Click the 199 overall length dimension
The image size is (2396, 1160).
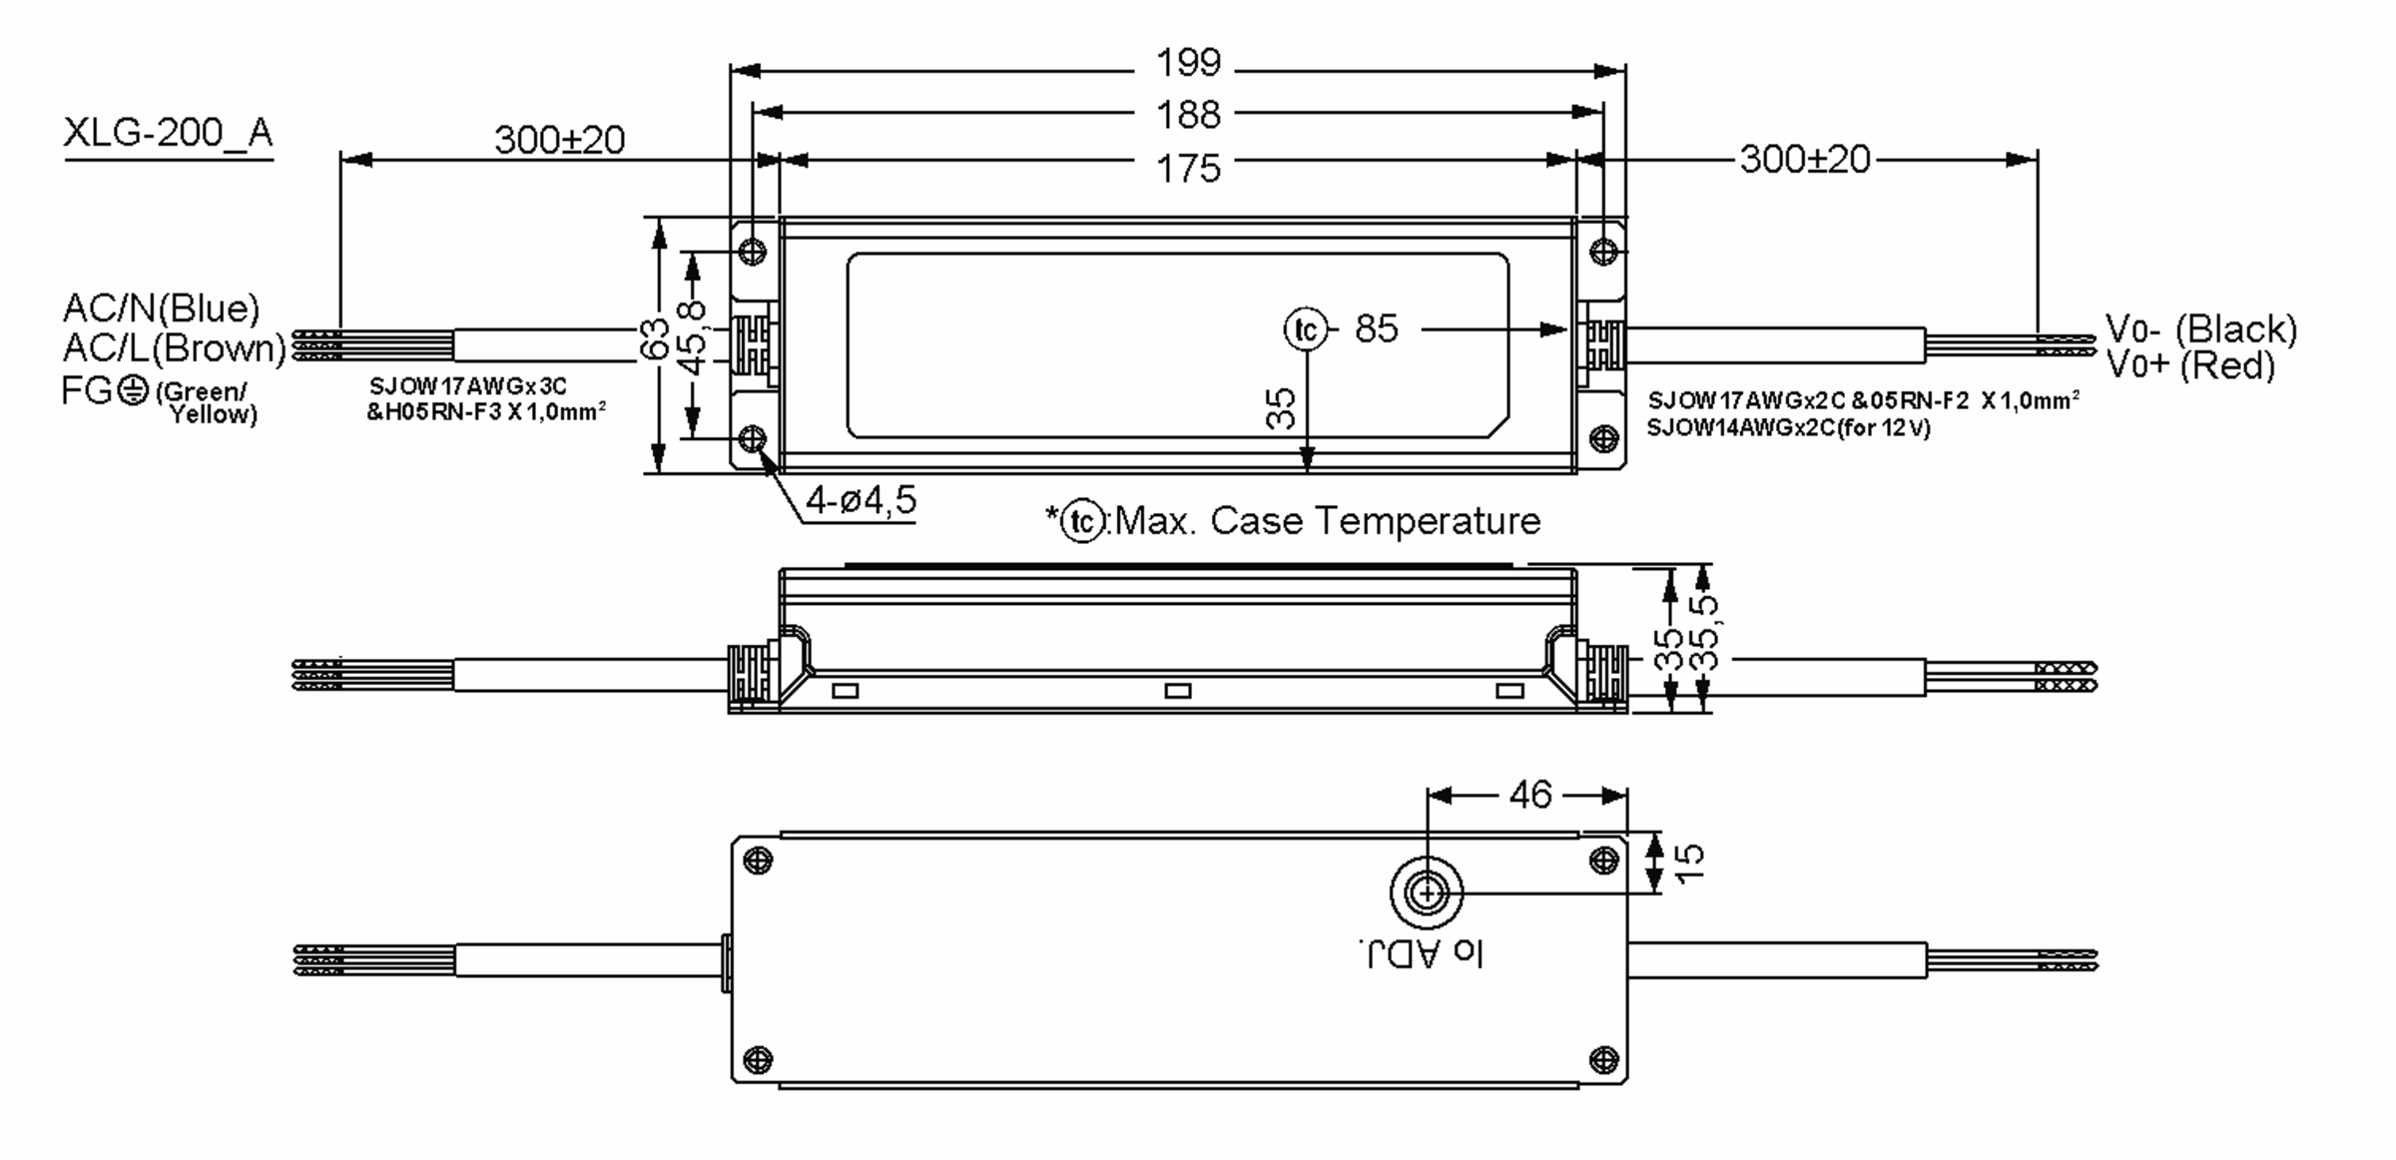coord(1188,63)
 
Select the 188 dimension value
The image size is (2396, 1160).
coord(1188,115)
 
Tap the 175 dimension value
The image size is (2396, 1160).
coord(1188,168)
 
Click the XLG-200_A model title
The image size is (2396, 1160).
coord(168,133)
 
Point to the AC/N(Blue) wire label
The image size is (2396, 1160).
coord(161,307)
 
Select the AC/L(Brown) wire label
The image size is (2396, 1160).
coord(174,347)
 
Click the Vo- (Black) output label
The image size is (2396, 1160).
coord(2200,328)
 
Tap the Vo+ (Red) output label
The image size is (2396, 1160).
coord(2190,365)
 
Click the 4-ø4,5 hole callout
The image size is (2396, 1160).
coord(861,500)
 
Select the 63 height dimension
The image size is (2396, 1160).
coord(654,339)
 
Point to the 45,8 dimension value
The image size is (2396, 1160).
coord(692,339)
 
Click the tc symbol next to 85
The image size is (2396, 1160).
coord(1306,329)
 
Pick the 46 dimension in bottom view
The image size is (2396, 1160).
coord(1529,795)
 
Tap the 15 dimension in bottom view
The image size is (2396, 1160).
coord(1689,863)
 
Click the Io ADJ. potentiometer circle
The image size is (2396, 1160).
coord(1427,892)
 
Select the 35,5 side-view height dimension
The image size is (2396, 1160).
coord(1707,633)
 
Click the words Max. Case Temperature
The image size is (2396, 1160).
coord(1328,521)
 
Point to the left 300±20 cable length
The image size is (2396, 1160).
coord(559,140)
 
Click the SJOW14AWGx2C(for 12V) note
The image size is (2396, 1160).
coord(1788,428)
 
